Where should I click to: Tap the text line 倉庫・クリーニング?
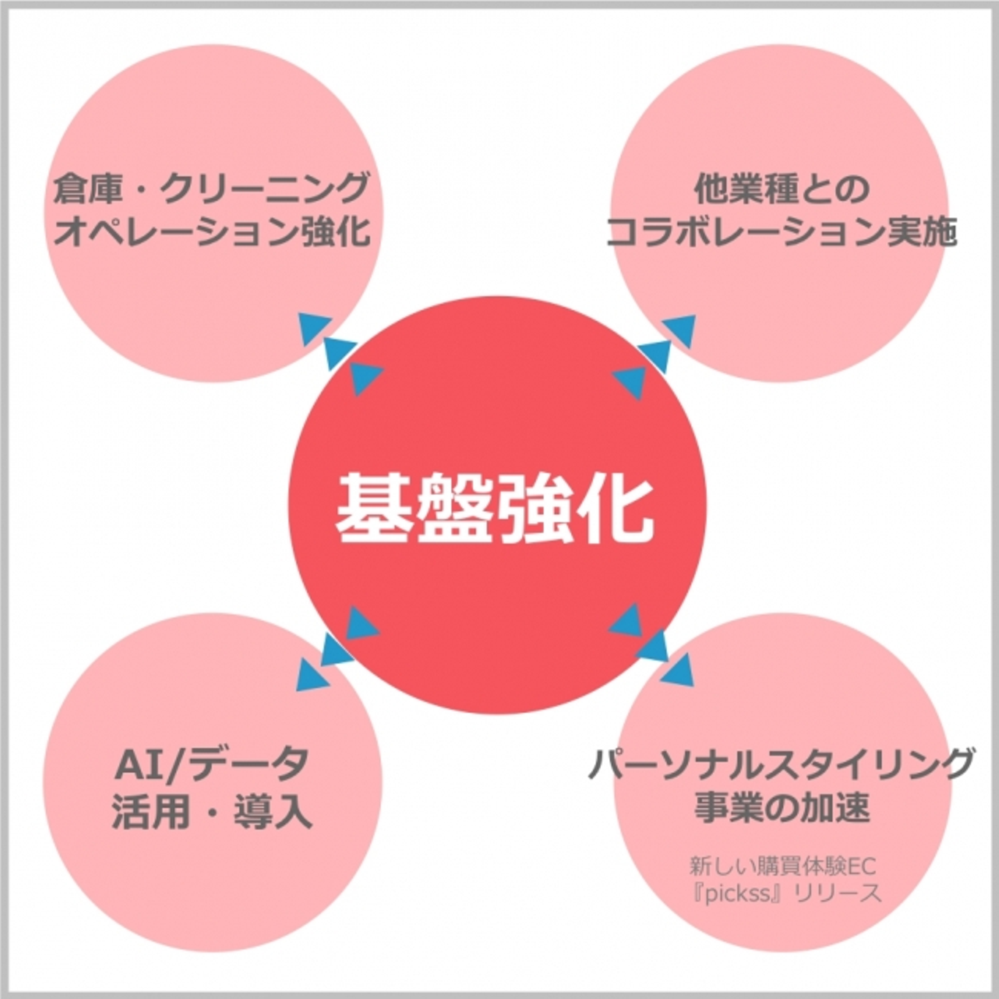tap(211, 188)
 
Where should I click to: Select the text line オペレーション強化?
tap(211, 232)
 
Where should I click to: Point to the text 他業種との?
tap(781, 188)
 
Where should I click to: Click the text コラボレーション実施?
tap(781, 232)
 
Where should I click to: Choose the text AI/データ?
tap(211, 764)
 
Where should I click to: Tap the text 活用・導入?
tap(211, 809)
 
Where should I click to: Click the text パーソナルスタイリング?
tap(781, 764)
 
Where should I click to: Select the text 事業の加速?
tap(781, 808)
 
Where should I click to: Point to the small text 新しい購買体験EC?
tap(781, 866)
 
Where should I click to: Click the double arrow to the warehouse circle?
tap(340, 354)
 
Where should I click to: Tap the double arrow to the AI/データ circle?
tap(338, 649)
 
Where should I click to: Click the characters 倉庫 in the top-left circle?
tap(87, 188)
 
